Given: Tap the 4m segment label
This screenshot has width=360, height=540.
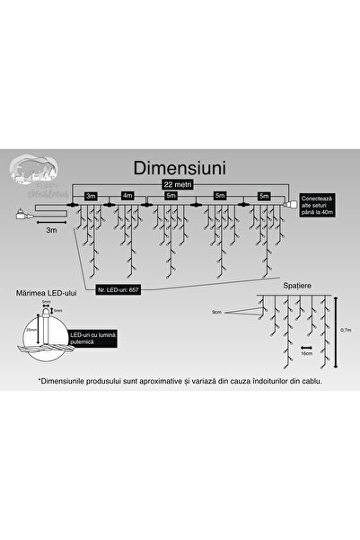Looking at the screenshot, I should pos(127,194).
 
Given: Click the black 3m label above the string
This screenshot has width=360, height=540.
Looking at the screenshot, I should pos(91,194).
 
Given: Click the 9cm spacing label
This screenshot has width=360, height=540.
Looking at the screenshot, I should pos(216,312).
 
